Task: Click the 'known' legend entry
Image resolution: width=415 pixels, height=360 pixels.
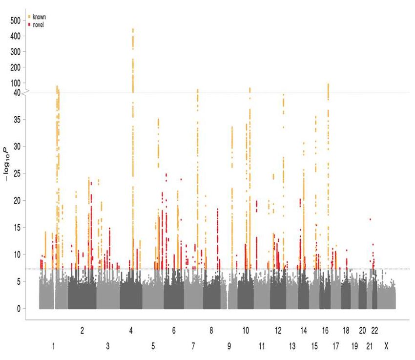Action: click(39, 17)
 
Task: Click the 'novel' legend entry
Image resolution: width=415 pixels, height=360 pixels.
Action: click(38, 24)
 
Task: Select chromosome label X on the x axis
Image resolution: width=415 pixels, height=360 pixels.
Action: click(386, 346)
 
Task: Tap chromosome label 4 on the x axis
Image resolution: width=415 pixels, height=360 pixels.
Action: click(131, 331)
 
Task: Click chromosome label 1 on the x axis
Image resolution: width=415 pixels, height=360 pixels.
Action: click(53, 346)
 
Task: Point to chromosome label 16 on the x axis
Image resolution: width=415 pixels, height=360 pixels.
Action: click(326, 331)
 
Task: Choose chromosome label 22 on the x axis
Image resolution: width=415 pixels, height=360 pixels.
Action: click(374, 331)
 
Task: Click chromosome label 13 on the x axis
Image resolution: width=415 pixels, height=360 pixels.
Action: click(292, 346)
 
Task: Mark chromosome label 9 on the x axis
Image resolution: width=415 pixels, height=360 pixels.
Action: click(229, 346)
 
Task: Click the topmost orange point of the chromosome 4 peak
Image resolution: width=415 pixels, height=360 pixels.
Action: click(133, 29)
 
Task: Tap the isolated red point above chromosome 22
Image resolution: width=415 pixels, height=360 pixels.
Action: click(370, 219)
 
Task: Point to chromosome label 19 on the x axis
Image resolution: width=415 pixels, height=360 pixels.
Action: click(354, 346)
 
